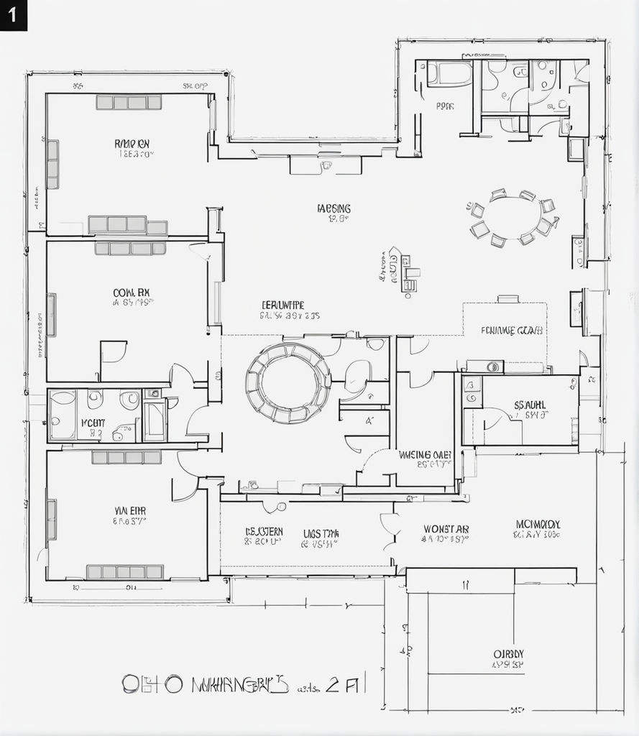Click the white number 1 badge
click(13, 15)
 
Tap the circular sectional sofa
click(288, 382)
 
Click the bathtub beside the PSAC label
click(450, 73)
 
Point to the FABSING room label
click(334, 208)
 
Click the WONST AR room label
click(446, 529)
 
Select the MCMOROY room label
click(537, 524)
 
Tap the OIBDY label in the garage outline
click(508, 654)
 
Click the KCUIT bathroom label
click(93, 423)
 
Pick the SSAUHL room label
click(530, 405)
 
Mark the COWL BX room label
click(132, 293)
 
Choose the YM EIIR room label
click(130, 510)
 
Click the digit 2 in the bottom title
click(332, 684)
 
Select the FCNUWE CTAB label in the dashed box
click(512, 331)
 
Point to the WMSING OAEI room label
click(425, 454)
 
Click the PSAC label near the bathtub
click(445, 106)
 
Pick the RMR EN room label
click(132, 144)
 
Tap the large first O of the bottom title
click(130, 684)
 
